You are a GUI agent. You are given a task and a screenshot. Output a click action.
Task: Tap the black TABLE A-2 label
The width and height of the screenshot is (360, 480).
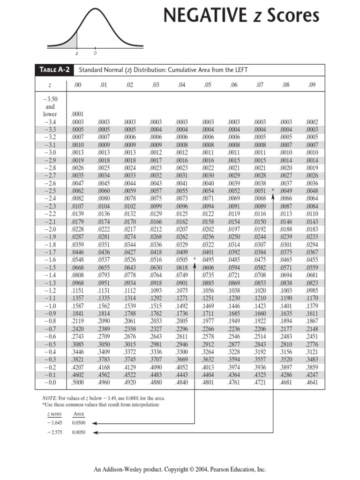(54, 70)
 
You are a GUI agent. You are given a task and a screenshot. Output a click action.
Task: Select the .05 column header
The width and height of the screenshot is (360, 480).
(207, 85)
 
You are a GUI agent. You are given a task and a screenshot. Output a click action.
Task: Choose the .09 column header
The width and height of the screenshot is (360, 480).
(312, 85)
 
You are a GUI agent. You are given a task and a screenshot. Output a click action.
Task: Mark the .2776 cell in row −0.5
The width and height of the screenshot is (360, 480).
(312, 344)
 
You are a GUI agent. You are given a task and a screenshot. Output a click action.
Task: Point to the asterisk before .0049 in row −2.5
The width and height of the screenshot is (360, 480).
(272, 190)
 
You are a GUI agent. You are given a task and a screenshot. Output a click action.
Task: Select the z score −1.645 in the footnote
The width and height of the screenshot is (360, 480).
(55, 422)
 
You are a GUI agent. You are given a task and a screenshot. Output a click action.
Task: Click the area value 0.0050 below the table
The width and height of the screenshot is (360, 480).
(79, 432)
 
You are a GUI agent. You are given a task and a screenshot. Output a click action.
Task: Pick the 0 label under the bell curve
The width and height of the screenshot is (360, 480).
(95, 53)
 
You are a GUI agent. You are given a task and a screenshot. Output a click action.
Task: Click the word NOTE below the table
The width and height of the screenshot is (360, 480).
(49, 398)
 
